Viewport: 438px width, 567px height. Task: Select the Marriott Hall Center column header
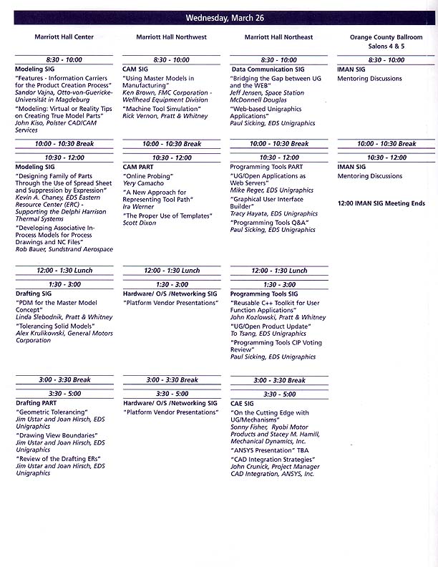coord(64,37)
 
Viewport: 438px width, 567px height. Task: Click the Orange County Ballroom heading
coord(386,37)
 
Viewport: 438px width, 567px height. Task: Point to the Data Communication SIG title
coord(268,69)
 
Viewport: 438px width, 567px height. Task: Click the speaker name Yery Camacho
coord(144,183)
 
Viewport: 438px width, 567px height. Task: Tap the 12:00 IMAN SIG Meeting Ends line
coord(381,203)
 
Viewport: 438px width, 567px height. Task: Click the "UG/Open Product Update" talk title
coord(269,326)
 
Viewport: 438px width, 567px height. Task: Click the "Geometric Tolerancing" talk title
coord(52,412)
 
